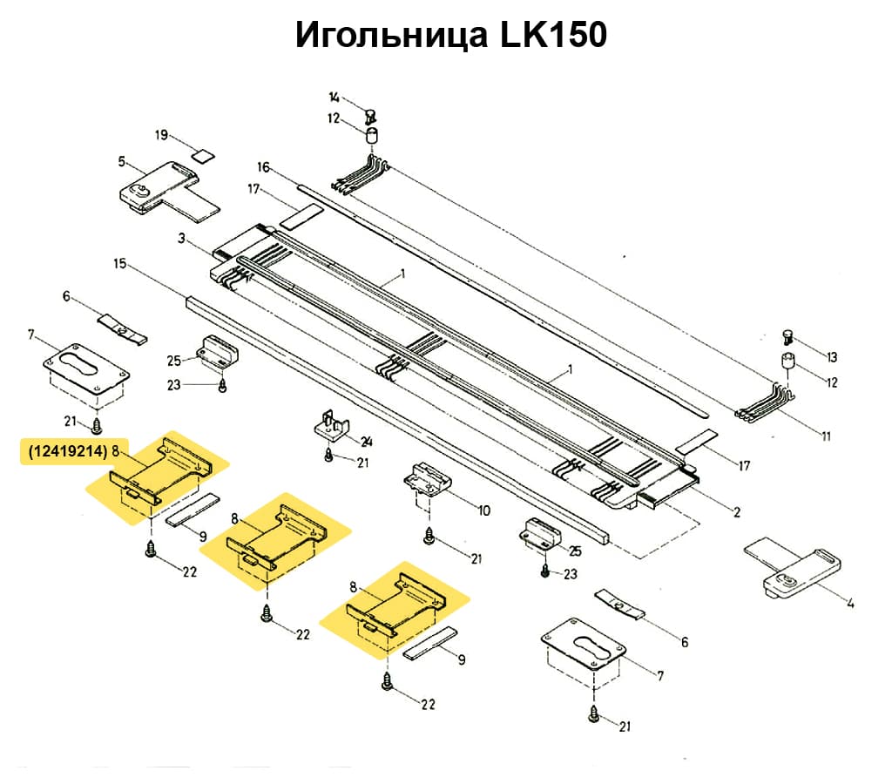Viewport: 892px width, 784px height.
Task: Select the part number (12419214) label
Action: (66, 452)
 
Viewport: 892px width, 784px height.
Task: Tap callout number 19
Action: (161, 135)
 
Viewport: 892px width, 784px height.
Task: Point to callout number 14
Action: (334, 97)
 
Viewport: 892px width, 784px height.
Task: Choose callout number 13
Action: (832, 357)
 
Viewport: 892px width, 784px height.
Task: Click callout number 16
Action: (264, 166)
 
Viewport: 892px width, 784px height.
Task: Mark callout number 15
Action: (120, 262)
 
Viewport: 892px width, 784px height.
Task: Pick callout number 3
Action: (181, 238)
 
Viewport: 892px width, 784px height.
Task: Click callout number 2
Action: (737, 512)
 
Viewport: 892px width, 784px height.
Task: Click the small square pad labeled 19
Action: (203, 156)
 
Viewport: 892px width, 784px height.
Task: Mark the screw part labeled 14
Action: (369, 113)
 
